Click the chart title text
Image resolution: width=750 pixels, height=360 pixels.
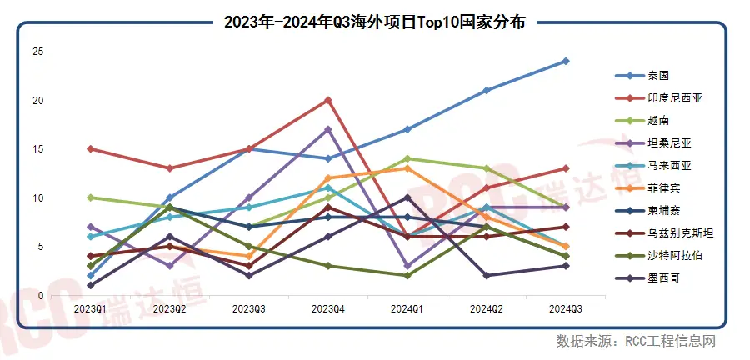(374, 22)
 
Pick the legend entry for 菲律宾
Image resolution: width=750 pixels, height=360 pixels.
(646, 188)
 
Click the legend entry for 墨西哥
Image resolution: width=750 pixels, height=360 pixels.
(646, 278)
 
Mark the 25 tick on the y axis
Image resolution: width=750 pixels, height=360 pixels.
(37, 52)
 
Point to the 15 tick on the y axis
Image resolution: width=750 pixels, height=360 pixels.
(37, 149)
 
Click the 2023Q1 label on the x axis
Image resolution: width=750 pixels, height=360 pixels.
(90, 309)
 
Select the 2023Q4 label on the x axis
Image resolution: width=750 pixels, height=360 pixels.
(327, 309)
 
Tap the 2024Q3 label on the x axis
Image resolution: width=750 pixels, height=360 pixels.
(566, 309)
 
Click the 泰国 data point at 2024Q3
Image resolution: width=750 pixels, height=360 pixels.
(566, 61)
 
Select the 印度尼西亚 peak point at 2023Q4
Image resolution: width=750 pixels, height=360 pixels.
(328, 100)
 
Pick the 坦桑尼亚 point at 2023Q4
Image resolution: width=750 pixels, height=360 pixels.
(328, 129)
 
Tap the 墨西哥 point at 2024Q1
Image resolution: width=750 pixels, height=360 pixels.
(407, 197)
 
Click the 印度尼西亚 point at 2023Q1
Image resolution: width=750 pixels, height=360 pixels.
(90, 148)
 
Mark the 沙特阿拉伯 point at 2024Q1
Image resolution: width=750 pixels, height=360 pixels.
(407, 275)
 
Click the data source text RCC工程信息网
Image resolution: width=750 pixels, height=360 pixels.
(671, 341)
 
